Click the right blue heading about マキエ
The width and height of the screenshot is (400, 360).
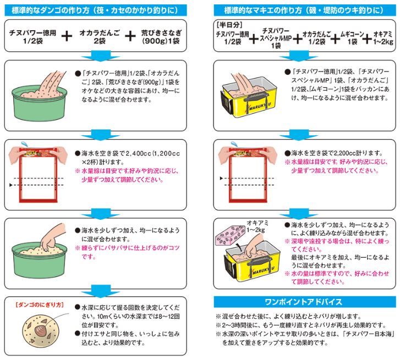click(305, 10)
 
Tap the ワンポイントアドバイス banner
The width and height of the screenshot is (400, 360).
click(305, 302)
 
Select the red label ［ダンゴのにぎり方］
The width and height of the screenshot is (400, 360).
click(40, 304)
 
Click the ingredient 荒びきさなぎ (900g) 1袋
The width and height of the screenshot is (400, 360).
click(161, 37)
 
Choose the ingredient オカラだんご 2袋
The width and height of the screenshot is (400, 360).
click(100, 37)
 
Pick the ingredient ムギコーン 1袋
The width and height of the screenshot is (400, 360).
click(352, 38)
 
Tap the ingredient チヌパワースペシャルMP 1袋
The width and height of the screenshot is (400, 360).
click(276, 38)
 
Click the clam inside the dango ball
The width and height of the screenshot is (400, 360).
click(40, 331)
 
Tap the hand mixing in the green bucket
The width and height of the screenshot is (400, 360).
click(52, 237)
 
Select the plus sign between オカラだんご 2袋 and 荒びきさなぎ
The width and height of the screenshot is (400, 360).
click(130, 36)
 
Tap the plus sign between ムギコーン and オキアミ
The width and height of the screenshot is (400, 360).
click(367, 38)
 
